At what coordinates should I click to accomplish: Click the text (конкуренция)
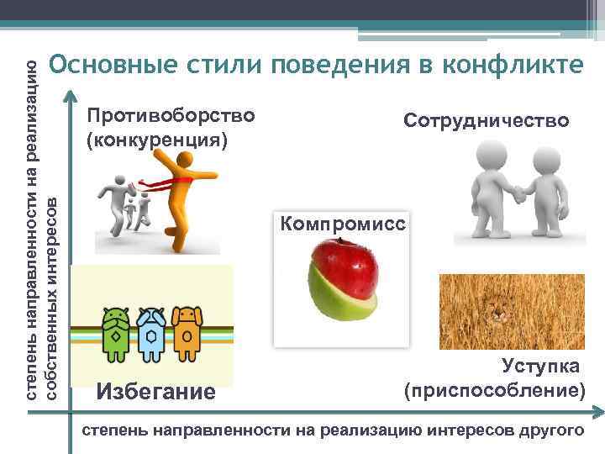pos(157,138)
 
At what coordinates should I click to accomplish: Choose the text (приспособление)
pos(494,390)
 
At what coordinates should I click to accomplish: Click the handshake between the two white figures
pos(518,193)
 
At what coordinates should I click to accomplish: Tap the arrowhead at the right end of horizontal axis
pos(597,412)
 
